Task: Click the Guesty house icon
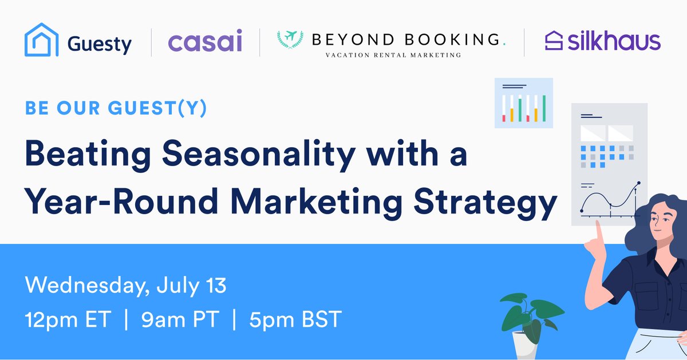(x=42, y=39)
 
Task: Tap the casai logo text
(x=204, y=42)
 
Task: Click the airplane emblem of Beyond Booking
(x=290, y=39)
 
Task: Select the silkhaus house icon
(x=553, y=41)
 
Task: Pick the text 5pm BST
(x=295, y=320)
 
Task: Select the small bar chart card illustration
(x=524, y=102)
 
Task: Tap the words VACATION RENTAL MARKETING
(x=393, y=56)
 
